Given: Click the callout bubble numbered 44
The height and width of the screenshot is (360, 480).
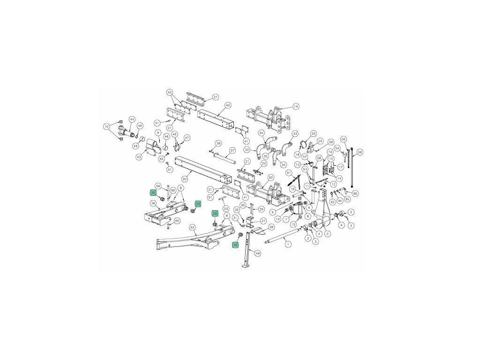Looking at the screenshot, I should coord(132,119).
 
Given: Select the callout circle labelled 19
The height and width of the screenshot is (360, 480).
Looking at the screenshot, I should coord(296,106).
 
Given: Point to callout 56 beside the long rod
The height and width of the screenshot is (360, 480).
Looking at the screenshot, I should coord(360,152).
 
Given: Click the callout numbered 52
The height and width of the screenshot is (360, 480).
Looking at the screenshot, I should coord(193,227).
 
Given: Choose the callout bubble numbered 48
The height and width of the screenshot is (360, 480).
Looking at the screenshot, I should coord(257,253).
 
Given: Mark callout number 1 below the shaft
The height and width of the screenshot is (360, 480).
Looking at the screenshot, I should coord(288,244).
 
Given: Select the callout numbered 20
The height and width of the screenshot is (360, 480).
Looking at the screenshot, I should coord(185,179).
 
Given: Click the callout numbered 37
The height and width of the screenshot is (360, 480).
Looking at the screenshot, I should coord(232,150).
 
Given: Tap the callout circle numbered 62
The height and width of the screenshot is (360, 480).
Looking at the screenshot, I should coord(270,178).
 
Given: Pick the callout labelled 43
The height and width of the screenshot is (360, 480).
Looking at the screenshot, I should coord(139,157).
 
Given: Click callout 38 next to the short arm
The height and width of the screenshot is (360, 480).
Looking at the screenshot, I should coord(153,203).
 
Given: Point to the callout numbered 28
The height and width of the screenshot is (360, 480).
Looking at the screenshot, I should coord(271,227).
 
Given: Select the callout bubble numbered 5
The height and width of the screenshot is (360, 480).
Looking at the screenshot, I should coord(328,233).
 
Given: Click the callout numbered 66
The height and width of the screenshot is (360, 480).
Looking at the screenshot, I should coord(355,194).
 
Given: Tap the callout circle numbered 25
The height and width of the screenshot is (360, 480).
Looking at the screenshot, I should coord(314,134).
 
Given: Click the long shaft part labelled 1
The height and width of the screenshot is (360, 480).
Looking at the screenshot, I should coord(281,240).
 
